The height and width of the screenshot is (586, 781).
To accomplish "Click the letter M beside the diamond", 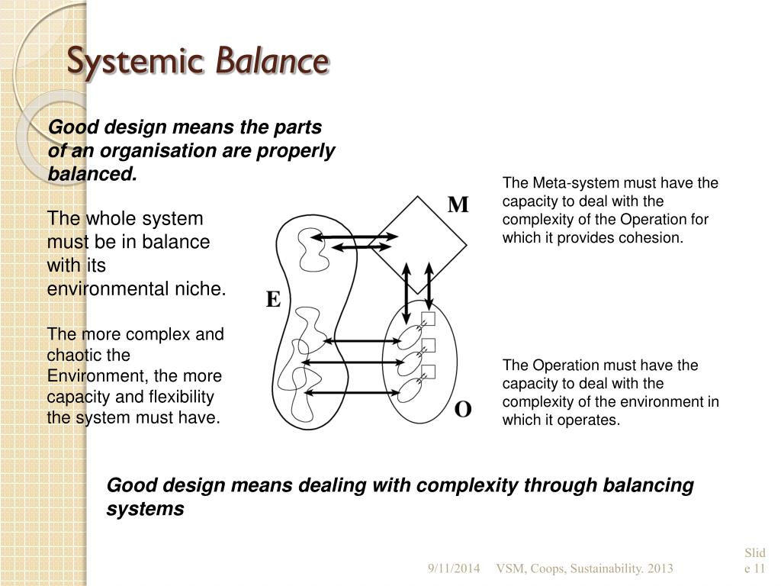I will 458,204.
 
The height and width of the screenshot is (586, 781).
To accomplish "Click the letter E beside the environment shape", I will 273,300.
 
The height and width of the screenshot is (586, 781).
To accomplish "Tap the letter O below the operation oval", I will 463,410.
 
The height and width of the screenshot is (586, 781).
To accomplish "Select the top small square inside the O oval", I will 428,318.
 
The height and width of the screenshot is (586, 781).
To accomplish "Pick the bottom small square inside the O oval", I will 428,372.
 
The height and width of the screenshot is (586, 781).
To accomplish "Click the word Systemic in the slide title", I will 135,63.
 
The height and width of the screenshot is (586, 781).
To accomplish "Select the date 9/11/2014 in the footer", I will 454,568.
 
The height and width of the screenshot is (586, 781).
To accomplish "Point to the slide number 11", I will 759,568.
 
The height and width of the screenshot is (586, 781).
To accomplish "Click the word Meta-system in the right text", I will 575,183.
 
